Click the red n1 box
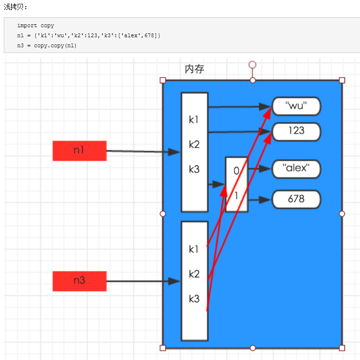click(x=79, y=150)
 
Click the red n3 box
click(x=79, y=281)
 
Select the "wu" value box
click(x=296, y=106)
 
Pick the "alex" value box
click(x=296, y=169)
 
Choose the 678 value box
click(x=296, y=199)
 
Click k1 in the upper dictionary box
click(x=194, y=120)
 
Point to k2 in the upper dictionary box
click(x=194, y=144)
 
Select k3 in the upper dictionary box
click(x=194, y=169)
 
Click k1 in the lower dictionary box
click(x=194, y=249)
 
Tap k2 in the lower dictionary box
click(x=194, y=274)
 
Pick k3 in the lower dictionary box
click(x=194, y=299)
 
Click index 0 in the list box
click(x=236, y=170)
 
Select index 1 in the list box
click(x=236, y=195)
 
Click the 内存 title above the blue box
click(x=194, y=69)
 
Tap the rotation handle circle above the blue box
click(x=252, y=64)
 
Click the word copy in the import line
click(x=47, y=26)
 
